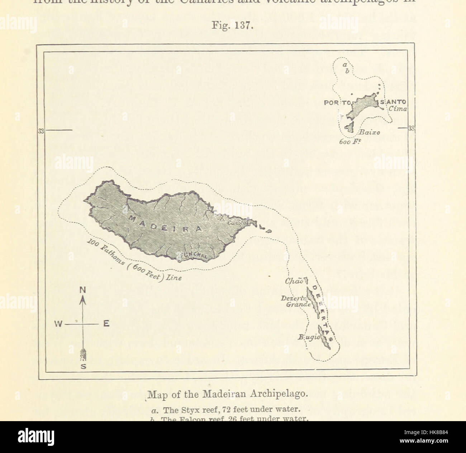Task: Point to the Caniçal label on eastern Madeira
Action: [236, 223]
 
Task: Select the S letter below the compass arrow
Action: [83, 366]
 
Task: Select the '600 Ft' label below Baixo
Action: [349, 141]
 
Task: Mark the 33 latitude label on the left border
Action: [41, 131]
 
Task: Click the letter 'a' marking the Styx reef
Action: [344, 64]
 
